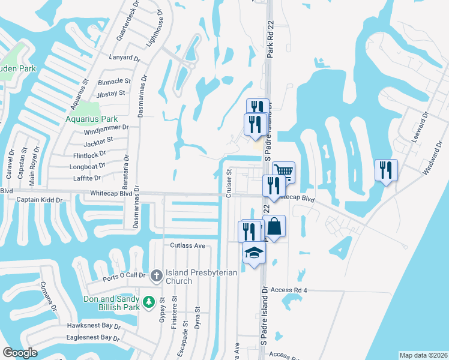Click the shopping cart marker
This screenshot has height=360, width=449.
coord(284,172)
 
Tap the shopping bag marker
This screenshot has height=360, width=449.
coord(274,227)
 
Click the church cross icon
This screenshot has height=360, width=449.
coord(156,276)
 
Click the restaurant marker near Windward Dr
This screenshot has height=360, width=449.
coord(386,170)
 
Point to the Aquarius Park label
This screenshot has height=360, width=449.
coord(92,119)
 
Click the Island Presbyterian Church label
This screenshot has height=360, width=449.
coord(200,277)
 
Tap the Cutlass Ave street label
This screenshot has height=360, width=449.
coord(187,245)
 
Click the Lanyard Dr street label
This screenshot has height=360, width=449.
coord(124,59)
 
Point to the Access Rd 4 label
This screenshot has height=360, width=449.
coord(289,290)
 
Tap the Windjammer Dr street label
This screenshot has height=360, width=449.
coord(107,128)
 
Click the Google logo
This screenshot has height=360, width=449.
coord(20,353)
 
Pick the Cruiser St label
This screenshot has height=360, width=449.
coord(229,182)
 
